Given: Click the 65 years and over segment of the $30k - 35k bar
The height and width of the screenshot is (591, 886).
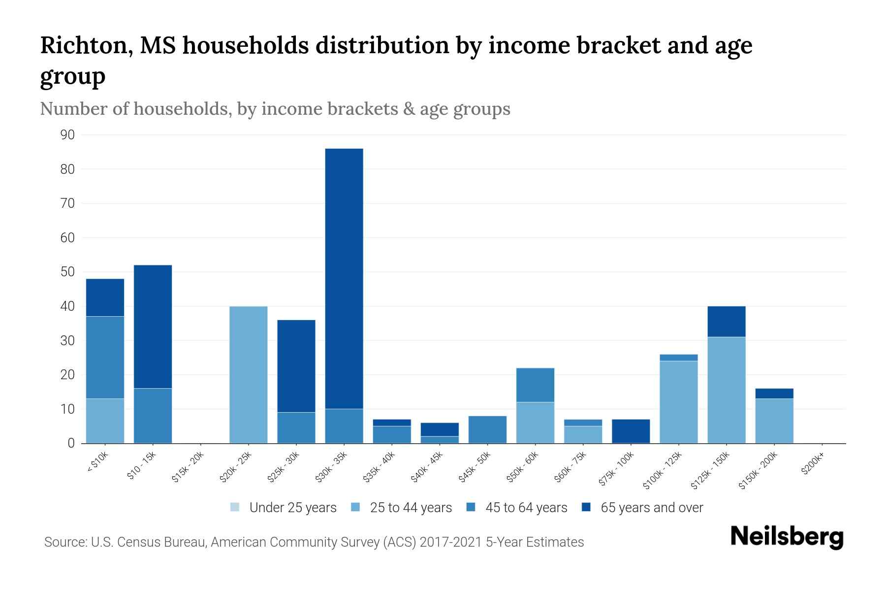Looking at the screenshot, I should pyautogui.click(x=344, y=278).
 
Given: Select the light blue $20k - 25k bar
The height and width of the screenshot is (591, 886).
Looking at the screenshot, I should pyautogui.click(x=249, y=374).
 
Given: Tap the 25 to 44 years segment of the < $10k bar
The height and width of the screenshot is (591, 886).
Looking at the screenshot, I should pyautogui.click(x=105, y=421).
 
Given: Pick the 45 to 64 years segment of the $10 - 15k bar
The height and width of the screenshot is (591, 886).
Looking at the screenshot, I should pyautogui.click(x=153, y=416).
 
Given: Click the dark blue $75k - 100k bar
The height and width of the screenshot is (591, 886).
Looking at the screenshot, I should pyautogui.click(x=631, y=431).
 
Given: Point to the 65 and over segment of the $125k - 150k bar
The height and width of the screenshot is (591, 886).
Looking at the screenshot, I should pyautogui.click(x=726, y=321).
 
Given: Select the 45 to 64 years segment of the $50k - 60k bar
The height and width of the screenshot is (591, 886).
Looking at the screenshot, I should pyautogui.click(x=535, y=385).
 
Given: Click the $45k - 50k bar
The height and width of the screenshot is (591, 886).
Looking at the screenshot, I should pyautogui.click(x=487, y=429).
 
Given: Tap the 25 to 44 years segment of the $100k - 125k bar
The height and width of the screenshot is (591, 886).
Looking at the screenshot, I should pyautogui.click(x=678, y=402).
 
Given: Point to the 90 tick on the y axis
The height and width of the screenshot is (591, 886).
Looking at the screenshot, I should pyautogui.click(x=68, y=135).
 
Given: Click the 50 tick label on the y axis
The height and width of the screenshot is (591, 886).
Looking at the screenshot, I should pyautogui.click(x=68, y=272).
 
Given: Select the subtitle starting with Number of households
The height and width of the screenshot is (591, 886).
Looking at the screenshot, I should pyautogui.click(x=275, y=109).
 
